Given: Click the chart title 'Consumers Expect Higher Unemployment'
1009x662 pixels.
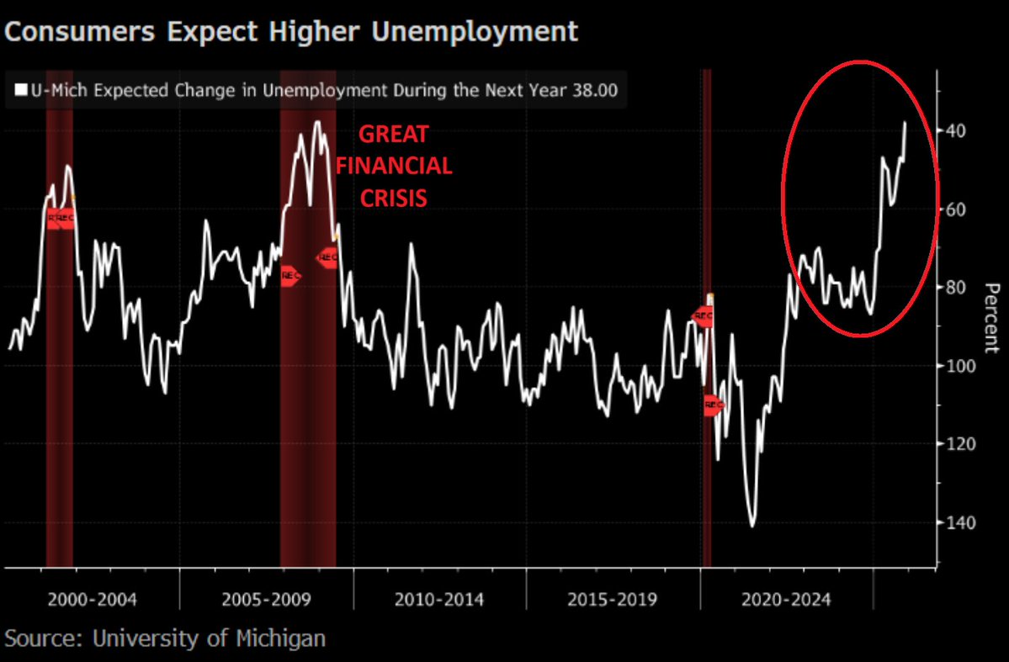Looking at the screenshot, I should click(x=291, y=31).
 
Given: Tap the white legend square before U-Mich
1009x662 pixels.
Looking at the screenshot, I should click(x=19, y=91).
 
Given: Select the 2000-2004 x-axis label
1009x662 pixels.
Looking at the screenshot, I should click(x=93, y=600).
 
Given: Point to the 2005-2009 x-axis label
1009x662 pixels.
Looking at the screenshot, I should click(x=267, y=600).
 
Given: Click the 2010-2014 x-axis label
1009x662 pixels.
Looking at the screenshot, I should click(x=439, y=600).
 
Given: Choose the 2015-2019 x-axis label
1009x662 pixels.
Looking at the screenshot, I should click(x=612, y=600).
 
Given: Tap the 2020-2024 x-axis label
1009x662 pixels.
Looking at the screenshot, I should click(x=786, y=600).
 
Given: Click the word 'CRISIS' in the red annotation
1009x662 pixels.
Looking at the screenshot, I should click(x=394, y=198).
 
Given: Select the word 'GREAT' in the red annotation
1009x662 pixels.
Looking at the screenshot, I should click(x=394, y=135).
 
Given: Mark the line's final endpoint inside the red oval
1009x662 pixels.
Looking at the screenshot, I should click(x=905, y=123).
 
